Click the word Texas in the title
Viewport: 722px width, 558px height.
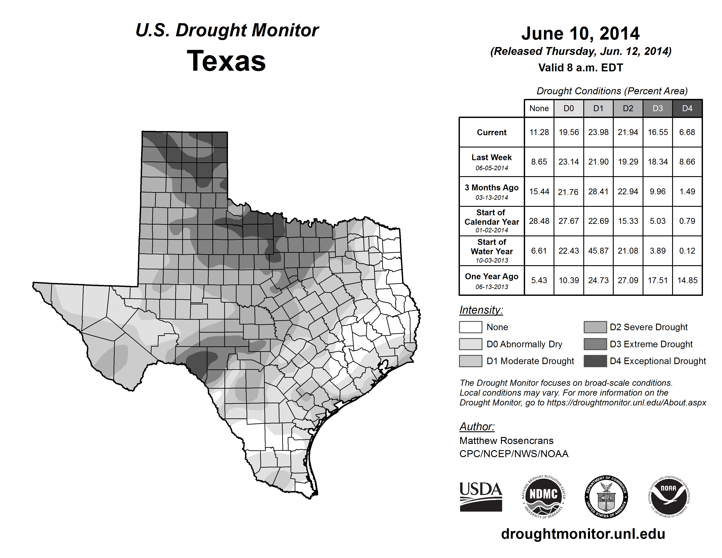(x=226, y=61)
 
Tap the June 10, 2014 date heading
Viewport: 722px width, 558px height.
(x=580, y=34)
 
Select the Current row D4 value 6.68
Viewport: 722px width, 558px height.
(x=687, y=132)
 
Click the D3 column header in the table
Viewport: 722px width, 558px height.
(x=657, y=108)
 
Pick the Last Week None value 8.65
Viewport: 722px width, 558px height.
(x=539, y=162)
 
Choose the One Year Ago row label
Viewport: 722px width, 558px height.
(x=492, y=280)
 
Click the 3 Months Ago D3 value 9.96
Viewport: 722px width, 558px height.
(x=657, y=191)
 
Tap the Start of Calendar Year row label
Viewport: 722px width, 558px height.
(x=492, y=221)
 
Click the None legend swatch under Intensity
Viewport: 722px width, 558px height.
(x=470, y=327)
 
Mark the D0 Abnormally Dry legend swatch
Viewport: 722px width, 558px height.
(x=470, y=344)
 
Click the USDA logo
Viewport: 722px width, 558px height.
(x=481, y=497)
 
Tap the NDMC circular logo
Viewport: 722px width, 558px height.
(x=543, y=497)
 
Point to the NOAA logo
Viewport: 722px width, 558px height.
(x=668, y=497)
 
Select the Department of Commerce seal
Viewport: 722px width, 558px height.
(x=606, y=497)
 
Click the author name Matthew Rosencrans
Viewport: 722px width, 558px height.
(x=506, y=441)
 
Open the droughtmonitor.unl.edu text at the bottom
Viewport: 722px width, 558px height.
(x=583, y=534)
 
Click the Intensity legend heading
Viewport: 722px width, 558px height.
(x=481, y=310)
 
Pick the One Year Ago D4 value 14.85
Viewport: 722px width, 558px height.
(x=687, y=280)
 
